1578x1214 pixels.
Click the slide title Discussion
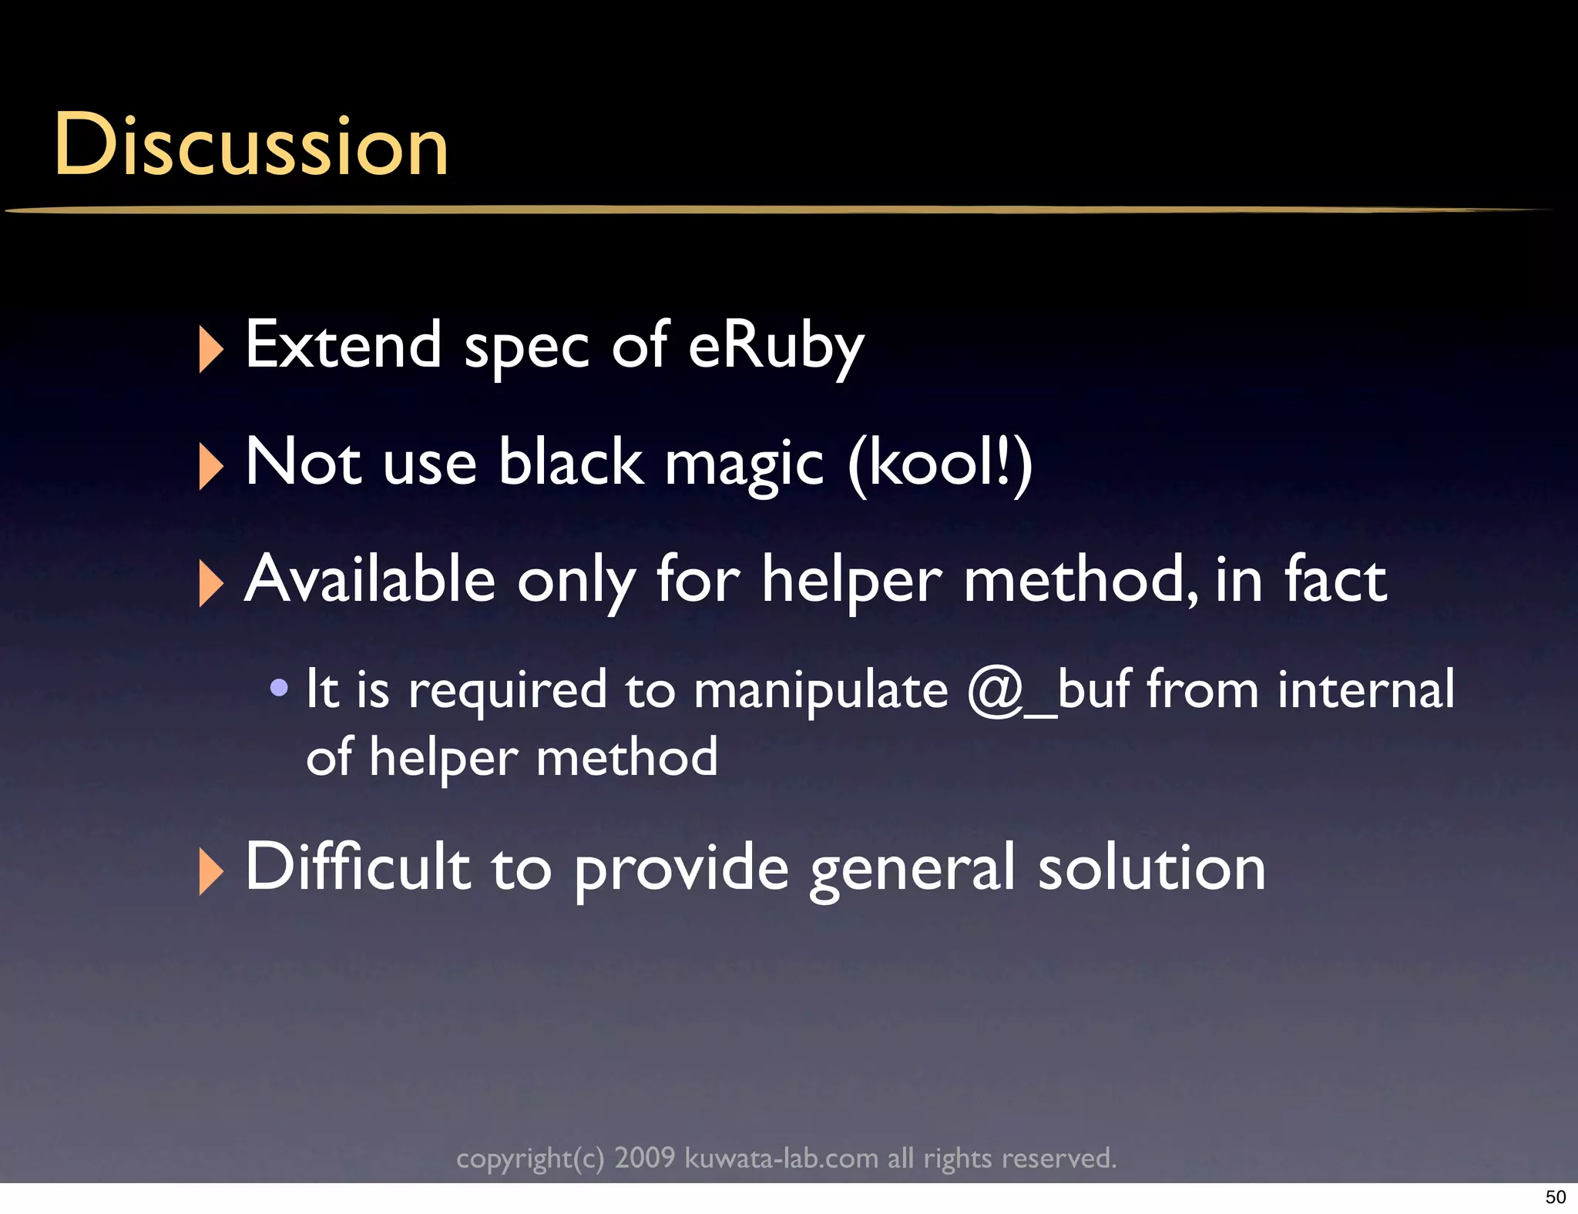click(x=251, y=145)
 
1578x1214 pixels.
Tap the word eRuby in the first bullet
click(x=775, y=347)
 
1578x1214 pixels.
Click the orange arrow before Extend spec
click(x=210, y=349)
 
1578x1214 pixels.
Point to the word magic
click(x=744, y=464)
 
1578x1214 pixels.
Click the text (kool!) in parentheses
click(x=940, y=463)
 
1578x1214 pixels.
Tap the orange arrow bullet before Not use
click(x=210, y=466)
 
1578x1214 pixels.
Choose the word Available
click(x=370, y=579)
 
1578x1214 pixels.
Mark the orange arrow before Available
click(x=210, y=583)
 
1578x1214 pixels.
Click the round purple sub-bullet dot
click(x=280, y=687)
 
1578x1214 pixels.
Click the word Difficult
click(x=358, y=867)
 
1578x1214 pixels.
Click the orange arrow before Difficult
click(x=210, y=871)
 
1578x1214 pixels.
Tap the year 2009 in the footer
click(x=644, y=1158)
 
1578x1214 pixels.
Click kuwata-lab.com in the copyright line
click(x=781, y=1158)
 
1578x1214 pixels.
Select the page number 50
click(x=1555, y=1197)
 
